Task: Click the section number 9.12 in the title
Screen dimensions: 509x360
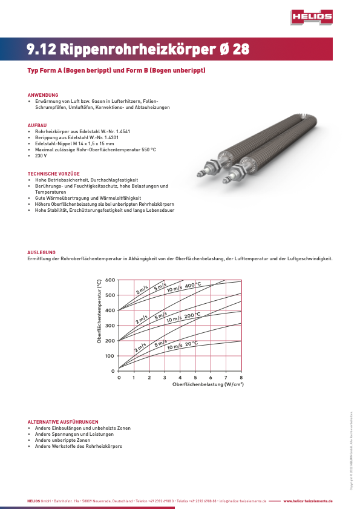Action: pos(42,50)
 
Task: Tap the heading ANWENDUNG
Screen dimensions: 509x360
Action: pos(43,95)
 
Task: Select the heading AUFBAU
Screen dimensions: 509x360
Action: pos(37,125)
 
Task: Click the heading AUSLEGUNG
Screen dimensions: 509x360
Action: pos(42,252)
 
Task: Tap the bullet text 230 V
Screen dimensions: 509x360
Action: pos(41,156)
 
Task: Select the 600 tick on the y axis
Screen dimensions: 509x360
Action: pos(110,280)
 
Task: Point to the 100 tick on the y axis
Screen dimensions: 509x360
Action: pos(110,356)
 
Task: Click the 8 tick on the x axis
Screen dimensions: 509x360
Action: pos(241,377)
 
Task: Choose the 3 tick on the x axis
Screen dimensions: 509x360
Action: pos(165,377)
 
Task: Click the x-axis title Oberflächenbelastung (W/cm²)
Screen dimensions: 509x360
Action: pos(208,384)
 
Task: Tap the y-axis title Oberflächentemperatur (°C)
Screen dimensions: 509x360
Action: pos(99,312)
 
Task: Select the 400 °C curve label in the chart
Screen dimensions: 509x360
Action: pos(193,285)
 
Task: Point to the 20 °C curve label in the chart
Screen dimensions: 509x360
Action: pos(191,344)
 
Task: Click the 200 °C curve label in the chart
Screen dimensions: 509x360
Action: pos(192,315)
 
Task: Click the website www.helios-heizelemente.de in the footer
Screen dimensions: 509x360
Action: pos(308,502)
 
